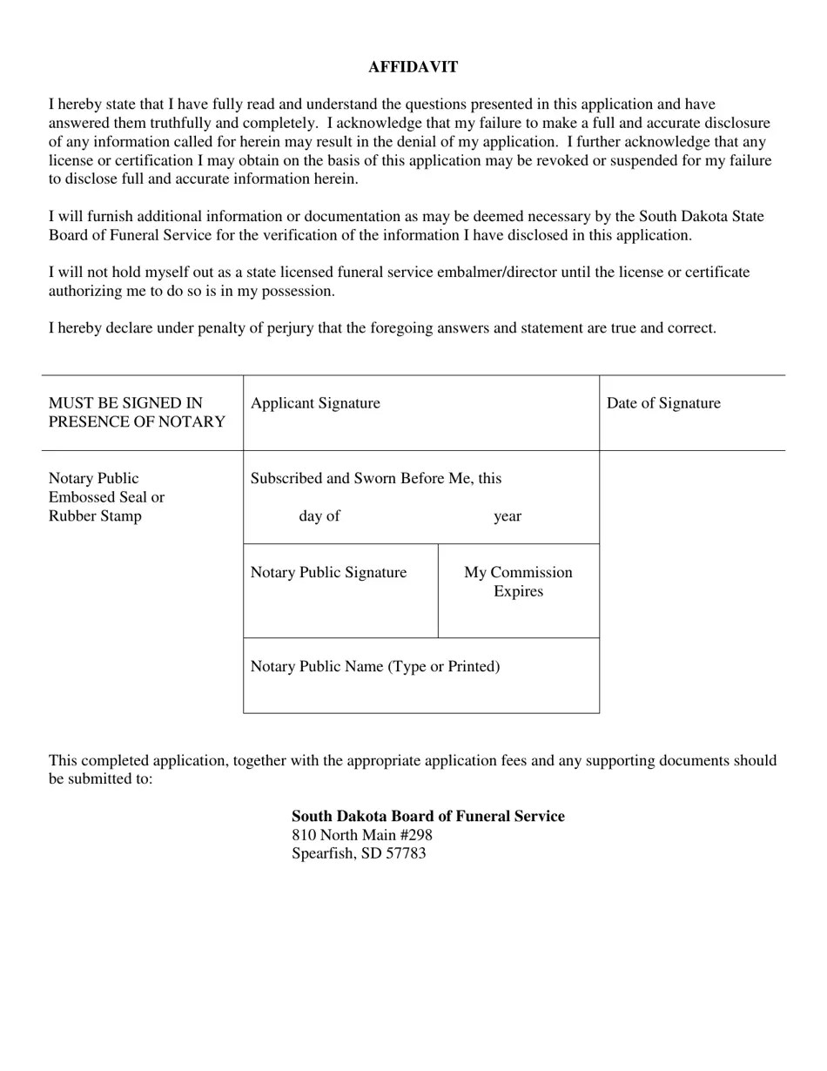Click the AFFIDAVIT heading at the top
[413, 67]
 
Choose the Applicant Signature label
[315, 403]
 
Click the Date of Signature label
[663, 403]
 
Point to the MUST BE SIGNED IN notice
[125, 403]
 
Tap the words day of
[319, 516]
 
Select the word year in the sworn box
[508, 516]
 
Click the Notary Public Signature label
[328, 573]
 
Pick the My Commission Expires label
[518, 582]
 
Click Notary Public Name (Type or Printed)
[375, 667]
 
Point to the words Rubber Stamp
[95, 516]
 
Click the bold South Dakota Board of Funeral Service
[427, 816]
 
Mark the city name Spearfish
[323, 853]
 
